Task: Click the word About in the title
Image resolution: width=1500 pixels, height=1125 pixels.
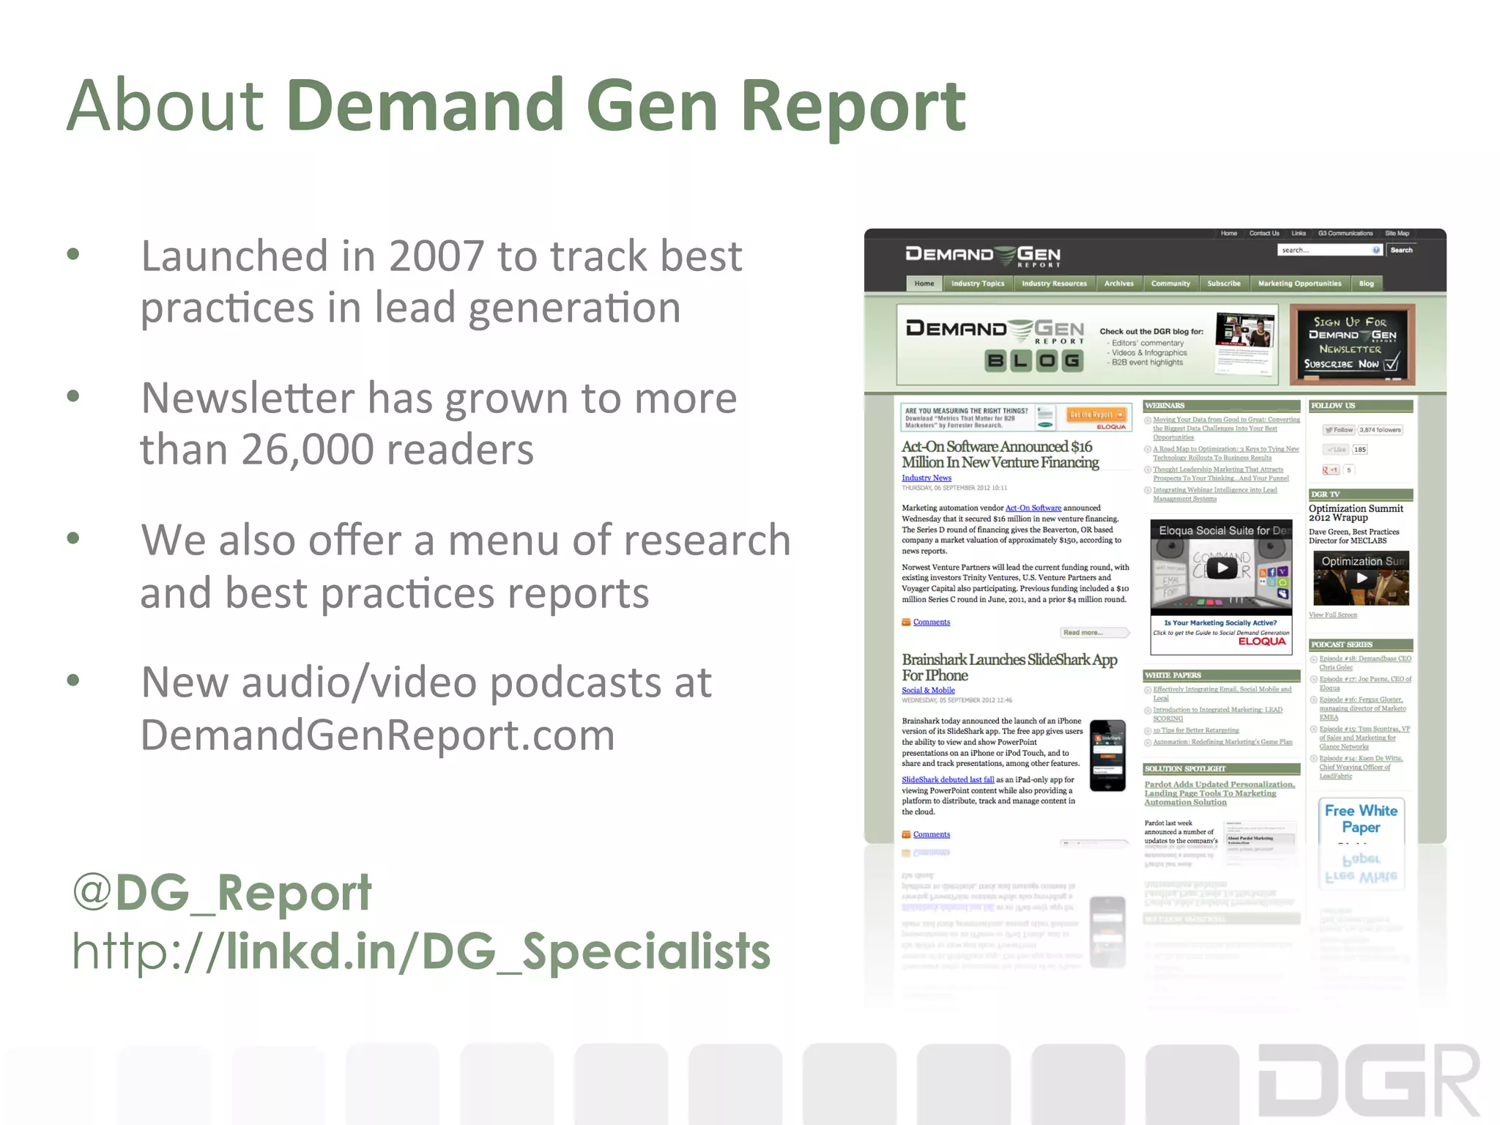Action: click(166, 106)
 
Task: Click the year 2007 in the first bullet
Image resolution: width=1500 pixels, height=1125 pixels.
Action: click(436, 256)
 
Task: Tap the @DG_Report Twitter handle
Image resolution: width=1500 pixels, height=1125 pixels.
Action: click(222, 893)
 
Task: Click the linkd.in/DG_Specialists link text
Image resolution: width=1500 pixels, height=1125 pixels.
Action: click(498, 951)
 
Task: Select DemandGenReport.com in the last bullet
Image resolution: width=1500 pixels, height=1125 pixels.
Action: click(377, 735)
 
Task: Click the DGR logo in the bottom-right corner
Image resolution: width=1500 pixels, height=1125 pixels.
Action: click(1368, 1081)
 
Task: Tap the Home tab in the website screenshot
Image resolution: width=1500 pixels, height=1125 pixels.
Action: click(924, 283)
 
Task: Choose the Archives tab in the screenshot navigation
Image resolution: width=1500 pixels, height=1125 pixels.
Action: click(1118, 283)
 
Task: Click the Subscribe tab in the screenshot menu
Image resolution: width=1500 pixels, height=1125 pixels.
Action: click(1224, 283)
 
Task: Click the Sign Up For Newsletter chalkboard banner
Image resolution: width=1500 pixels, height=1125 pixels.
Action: click(1351, 344)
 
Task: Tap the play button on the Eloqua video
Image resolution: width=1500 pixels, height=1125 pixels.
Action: click(1222, 568)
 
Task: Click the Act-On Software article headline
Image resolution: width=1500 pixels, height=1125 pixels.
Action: click(1000, 454)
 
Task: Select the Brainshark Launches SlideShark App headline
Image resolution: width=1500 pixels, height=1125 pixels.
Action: click(1009, 667)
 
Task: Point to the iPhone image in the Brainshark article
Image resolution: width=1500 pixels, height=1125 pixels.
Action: click(1107, 755)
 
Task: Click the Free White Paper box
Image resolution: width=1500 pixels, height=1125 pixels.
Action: click(1361, 819)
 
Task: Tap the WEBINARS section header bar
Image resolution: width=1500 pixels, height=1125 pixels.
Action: click(1221, 405)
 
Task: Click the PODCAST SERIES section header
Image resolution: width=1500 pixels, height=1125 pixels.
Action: click(1360, 645)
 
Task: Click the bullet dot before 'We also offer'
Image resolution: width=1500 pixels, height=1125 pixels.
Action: click(73, 538)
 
